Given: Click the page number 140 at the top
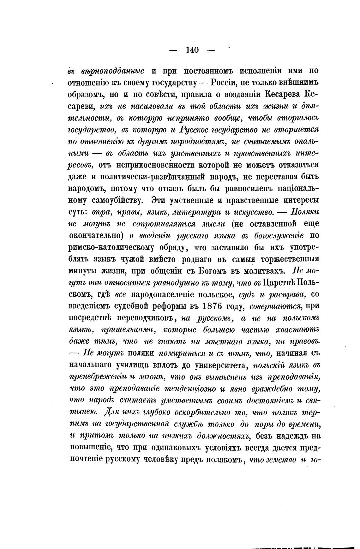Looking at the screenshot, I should tap(192, 50).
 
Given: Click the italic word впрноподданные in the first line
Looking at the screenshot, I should tap(106, 71).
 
